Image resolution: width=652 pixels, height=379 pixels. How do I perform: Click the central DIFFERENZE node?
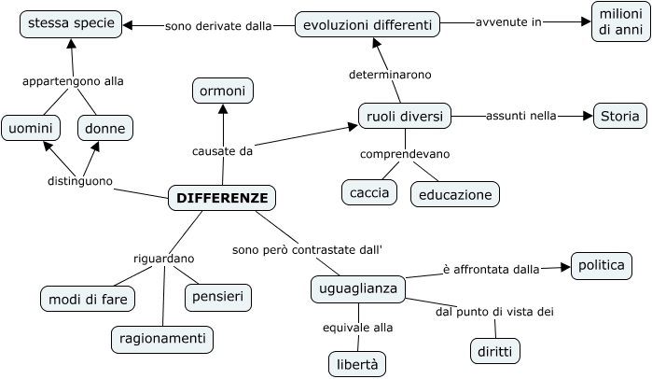(x=222, y=198)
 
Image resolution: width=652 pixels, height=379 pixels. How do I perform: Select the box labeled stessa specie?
(x=71, y=23)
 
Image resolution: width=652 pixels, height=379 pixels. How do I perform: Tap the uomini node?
(x=31, y=128)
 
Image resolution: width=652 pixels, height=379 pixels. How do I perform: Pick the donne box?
(x=104, y=128)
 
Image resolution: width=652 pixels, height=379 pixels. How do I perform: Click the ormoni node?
(x=223, y=91)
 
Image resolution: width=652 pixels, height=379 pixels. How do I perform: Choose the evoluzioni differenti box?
(x=368, y=24)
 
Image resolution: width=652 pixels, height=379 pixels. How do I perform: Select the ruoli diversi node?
(x=405, y=116)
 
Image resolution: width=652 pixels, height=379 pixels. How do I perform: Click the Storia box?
(x=619, y=116)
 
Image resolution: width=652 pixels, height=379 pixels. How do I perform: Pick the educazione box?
(x=455, y=194)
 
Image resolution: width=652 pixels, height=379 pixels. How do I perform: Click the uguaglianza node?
(x=358, y=289)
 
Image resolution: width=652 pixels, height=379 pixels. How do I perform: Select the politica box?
(x=600, y=265)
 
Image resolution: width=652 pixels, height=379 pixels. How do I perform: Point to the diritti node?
(x=494, y=351)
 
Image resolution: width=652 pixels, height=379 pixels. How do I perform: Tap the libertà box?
(x=357, y=363)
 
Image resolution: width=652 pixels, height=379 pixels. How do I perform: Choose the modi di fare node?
(x=88, y=299)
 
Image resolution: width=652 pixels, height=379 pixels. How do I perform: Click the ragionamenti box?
(x=162, y=339)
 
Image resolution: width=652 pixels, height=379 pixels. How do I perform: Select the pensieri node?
(x=218, y=297)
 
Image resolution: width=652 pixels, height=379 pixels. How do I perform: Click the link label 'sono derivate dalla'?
(x=218, y=26)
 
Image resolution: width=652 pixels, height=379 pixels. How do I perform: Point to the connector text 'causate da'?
(x=222, y=150)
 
